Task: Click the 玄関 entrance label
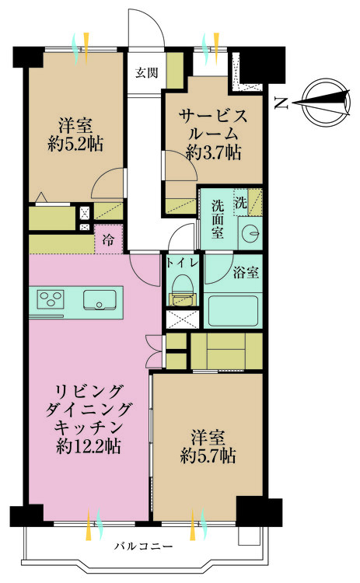click(x=146, y=74)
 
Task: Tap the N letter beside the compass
click(x=281, y=99)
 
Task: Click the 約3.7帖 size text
click(x=213, y=153)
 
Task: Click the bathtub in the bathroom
click(x=233, y=310)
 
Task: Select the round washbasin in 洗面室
click(x=249, y=232)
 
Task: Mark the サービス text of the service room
click(x=214, y=117)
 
